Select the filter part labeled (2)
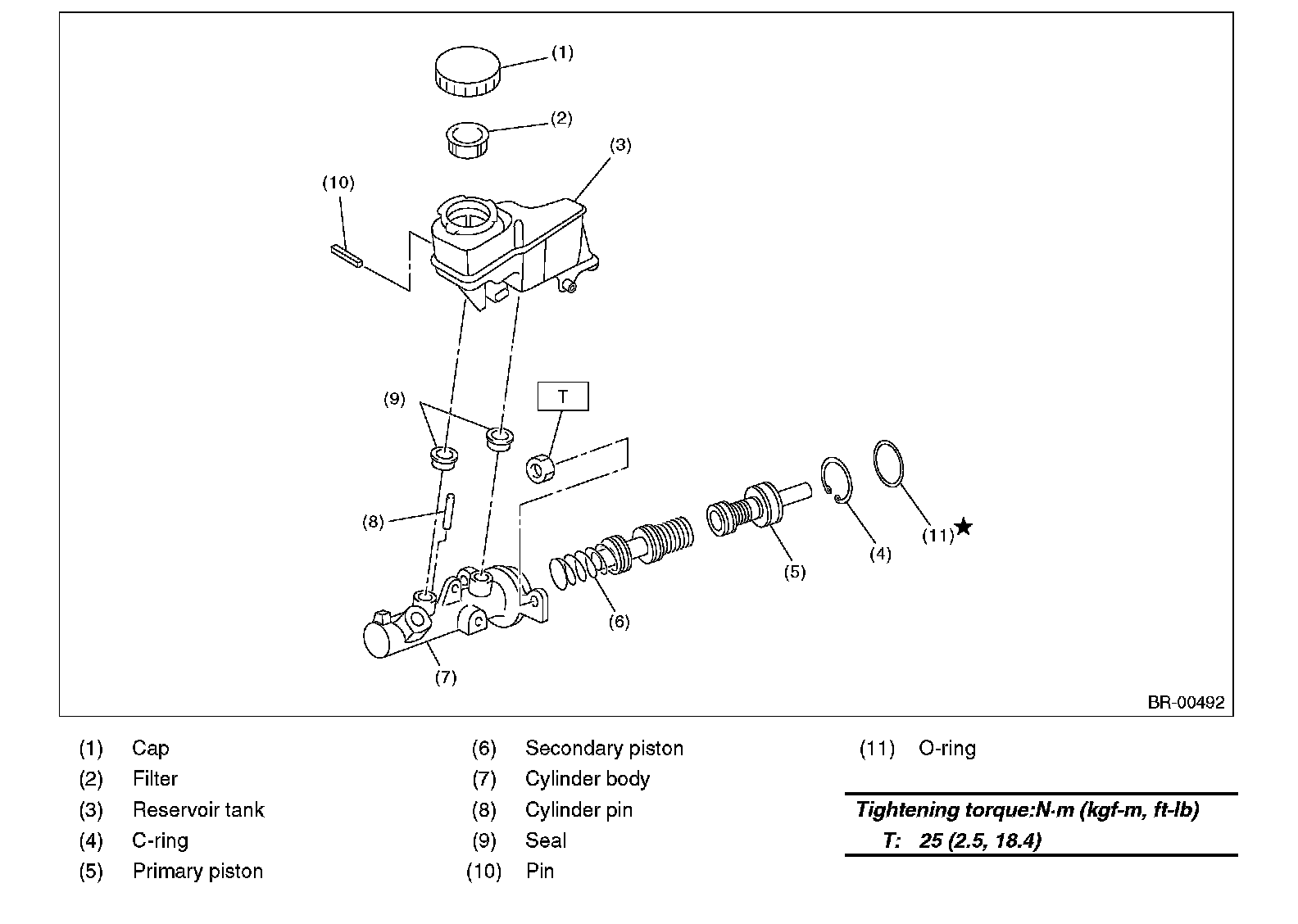[467, 140]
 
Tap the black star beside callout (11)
[964, 527]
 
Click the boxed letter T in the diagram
[563, 396]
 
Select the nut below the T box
[539, 469]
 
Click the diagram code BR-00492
[1186, 702]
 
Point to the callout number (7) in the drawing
[445, 677]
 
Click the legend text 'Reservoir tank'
[198, 810]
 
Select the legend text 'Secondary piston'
[604, 748]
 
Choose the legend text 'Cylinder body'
[588, 779]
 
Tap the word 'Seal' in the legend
[546, 840]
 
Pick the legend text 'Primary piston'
[197, 871]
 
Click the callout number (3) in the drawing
[620, 145]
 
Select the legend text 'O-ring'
[947, 748]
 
